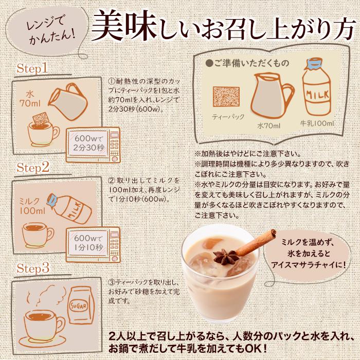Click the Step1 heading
tap(32, 68)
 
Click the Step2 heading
tap(32, 167)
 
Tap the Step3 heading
tap(32, 268)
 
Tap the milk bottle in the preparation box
tap(317, 93)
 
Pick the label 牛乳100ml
tap(317, 124)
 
